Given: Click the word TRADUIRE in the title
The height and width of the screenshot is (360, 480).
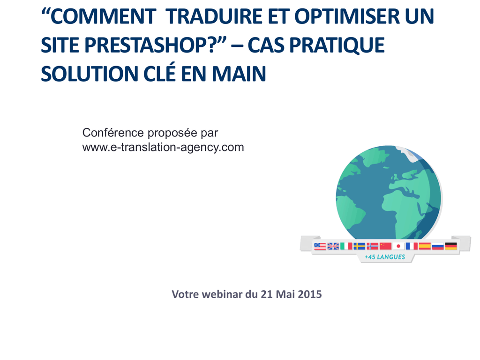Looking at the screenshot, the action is pos(214,16).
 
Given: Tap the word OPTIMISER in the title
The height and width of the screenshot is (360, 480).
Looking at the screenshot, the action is pos(347,16).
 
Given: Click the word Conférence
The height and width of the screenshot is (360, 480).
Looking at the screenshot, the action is pos(113,133).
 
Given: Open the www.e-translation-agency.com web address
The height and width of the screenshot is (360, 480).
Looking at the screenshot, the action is pos(163,148).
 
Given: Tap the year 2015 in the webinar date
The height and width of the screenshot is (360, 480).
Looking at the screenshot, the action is pos(310,294).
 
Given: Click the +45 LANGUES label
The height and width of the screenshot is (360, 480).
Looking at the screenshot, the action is pos(385,257).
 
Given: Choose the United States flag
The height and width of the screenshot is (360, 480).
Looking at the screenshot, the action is pos(320,246).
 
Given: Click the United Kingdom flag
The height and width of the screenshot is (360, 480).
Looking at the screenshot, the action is pos(333,246).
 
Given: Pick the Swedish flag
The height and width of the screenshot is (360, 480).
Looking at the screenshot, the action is pos(360,246).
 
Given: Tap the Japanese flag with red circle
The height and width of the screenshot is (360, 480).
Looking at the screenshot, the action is pos(398,246).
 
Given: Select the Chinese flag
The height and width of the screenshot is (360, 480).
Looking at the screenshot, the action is pos(385,246).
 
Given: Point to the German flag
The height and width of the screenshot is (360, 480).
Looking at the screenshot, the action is pos(451,246).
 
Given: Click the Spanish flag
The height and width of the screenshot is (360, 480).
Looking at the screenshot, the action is pos(425,246).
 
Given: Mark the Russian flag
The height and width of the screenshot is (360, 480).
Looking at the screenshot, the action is pos(438,246).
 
